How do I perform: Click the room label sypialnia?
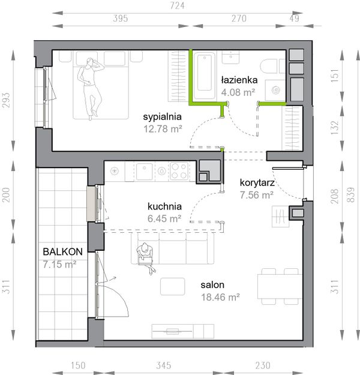[162, 117]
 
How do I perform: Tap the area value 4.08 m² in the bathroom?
[238, 92]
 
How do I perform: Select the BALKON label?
[62, 251]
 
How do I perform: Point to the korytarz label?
[257, 183]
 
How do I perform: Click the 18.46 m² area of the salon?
[220, 297]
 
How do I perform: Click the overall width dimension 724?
[177, 6]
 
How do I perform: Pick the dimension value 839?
[350, 194]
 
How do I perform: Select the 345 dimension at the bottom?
[164, 365]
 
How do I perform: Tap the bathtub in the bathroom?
[204, 76]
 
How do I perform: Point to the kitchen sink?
[144, 171]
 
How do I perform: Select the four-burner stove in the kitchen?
[179, 171]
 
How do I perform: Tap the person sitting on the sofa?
[145, 257]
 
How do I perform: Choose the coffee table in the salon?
[172, 286]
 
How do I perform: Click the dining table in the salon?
[280, 286]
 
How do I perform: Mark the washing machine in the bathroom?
[275, 91]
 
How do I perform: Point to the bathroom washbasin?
[230, 57]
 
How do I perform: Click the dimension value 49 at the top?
[295, 19]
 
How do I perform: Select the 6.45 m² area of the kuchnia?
[164, 218]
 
